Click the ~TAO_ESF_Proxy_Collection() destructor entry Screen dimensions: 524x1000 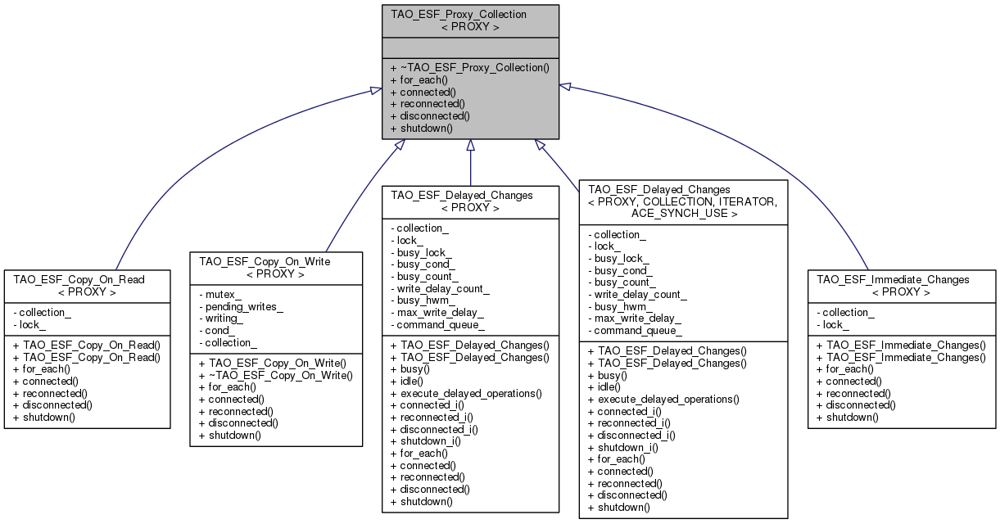[470, 68]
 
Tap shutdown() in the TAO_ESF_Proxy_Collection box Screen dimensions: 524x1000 [423, 129]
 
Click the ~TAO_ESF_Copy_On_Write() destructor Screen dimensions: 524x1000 [276, 376]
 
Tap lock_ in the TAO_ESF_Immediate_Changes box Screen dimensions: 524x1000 [832, 325]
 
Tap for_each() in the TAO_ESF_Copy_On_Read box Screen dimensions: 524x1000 [40, 369]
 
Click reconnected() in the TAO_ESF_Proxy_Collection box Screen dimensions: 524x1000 [428, 104]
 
